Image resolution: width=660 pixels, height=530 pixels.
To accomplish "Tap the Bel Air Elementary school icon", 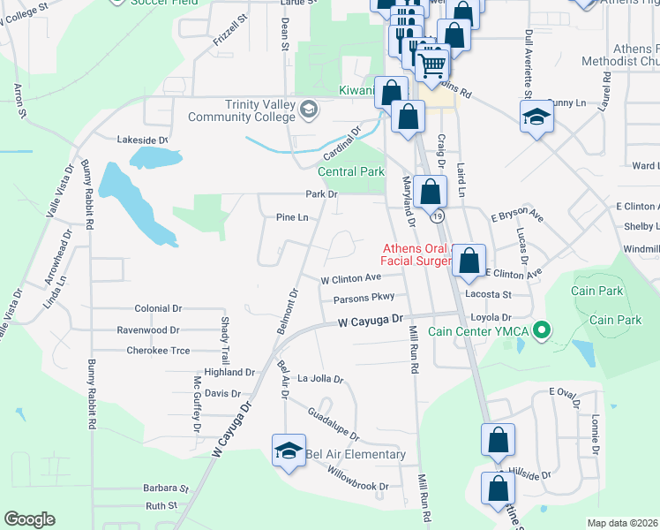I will pyautogui.click(x=289, y=450).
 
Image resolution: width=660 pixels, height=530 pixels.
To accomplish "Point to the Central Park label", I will pyautogui.click(x=351, y=172).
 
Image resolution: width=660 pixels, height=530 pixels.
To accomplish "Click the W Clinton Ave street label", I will pyautogui.click(x=350, y=278).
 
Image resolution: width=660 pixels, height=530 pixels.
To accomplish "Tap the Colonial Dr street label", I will pyautogui.click(x=158, y=309).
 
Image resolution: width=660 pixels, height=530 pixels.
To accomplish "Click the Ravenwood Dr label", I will pyautogui.click(x=148, y=330).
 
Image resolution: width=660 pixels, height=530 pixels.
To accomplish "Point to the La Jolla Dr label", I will pyautogui.click(x=320, y=379).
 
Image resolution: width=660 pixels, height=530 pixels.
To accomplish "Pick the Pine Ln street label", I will pyautogui.click(x=292, y=217).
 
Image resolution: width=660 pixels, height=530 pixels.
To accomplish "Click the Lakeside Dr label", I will pyautogui.click(x=143, y=140).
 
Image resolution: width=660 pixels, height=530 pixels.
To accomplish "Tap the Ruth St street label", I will pyautogui.click(x=161, y=506).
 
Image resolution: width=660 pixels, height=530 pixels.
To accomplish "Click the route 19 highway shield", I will pyautogui.click(x=438, y=216).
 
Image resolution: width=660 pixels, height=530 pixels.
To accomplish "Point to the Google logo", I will pyautogui.click(x=29, y=519).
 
